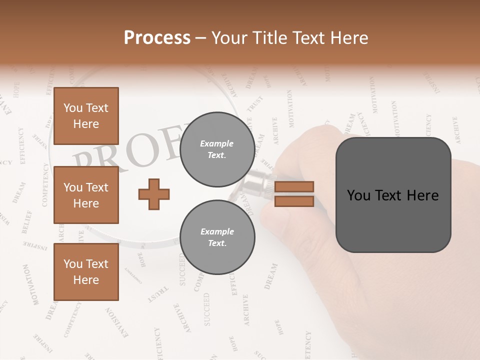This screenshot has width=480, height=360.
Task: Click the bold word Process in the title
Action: [x=157, y=38]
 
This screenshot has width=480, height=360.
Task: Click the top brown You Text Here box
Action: [x=86, y=116]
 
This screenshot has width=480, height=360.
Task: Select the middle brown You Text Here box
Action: [x=86, y=195]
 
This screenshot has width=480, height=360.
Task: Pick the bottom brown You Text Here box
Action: [x=86, y=272]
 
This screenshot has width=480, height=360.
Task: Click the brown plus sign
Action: [x=154, y=194]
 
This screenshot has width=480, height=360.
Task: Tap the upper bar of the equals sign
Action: [x=294, y=186]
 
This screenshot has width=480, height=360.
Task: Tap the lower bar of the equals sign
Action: [x=294, y=201]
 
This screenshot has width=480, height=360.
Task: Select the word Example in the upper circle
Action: [x=217, y=143]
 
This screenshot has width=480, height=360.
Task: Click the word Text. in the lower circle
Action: [x=217, y=243]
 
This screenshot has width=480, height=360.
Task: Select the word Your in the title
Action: [x=230, y=38]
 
